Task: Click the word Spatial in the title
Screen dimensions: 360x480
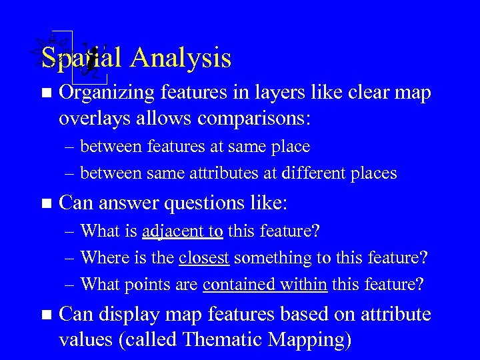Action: pyautogui.click(x=81, y=58)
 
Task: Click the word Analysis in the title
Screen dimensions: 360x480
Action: pyautogui.click(x=181, y=58)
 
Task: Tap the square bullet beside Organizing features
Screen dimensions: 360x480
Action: pyautogui.click(x=45, y=94)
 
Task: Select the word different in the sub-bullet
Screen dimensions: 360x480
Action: pyautogui.click(x=313, y=173)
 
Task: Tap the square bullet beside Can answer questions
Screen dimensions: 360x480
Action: pyautogui.click(x=45, y=202)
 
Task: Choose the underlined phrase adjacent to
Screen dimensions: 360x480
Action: pyautogui.click(x=183, y=231)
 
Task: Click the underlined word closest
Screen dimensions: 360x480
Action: pyautogui.click(x=204, y=257)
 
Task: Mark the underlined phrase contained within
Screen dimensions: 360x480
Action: pyautogui.click(x=265, y=284)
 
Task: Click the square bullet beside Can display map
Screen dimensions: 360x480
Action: pyautogui.click(x=45, y=315)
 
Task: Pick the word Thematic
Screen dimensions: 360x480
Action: pyautogui.click(x=223, y=339)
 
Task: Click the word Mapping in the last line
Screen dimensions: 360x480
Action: pyautogui.click(x=309, y=339)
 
